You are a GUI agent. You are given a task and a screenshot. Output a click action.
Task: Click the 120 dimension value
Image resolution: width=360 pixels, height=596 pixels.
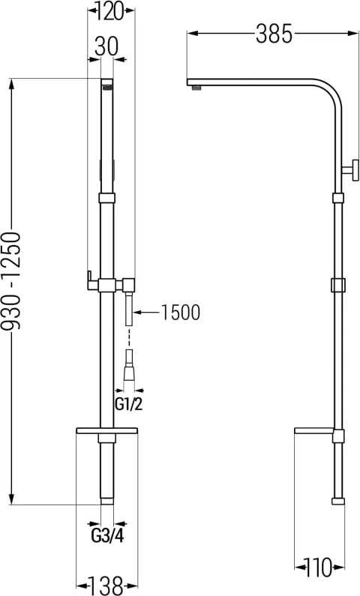tap(109, 11)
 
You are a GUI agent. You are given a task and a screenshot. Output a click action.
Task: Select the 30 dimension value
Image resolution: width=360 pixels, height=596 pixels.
tap(106, 46)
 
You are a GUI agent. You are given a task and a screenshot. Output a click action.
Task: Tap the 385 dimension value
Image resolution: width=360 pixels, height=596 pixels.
tap(274, 34)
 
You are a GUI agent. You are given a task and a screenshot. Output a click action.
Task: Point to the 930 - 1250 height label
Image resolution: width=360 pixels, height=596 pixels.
tap(11, 280)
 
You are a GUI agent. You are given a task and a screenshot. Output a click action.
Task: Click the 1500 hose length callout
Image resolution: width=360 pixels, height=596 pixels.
tap(181, 313)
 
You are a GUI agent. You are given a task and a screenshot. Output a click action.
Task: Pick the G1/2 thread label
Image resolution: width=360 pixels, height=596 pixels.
tap(128, 404)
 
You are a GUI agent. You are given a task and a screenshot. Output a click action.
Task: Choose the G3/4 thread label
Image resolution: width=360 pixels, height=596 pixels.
tap(107, 536)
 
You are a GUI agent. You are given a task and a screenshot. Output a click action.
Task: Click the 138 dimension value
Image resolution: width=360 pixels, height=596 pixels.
tap(106, 586)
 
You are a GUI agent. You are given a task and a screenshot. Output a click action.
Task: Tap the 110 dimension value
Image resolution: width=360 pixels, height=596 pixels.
tap(318, 568)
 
